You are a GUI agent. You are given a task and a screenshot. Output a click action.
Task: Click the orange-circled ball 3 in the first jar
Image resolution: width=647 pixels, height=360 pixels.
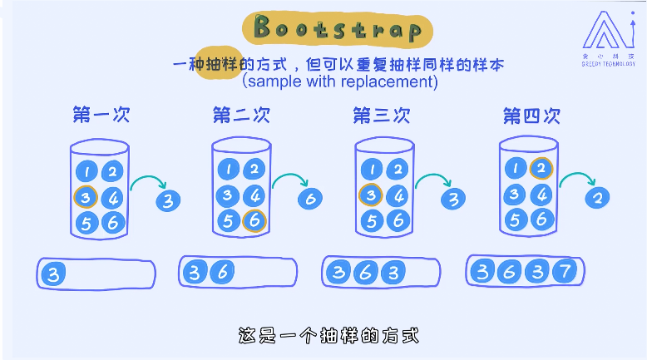[86, 197]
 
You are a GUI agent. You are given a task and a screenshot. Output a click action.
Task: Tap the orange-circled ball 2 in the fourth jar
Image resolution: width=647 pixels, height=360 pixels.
[541, 169]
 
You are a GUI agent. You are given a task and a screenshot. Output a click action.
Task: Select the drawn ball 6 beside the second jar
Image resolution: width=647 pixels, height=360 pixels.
[309, 198]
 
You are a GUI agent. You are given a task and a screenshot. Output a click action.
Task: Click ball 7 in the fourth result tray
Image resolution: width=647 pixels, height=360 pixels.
[563, 271]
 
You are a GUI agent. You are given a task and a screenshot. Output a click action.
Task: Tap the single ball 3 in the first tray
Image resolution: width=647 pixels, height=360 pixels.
[54, 274]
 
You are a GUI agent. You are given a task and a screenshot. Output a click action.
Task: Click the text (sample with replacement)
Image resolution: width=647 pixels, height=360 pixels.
[339, 81]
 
